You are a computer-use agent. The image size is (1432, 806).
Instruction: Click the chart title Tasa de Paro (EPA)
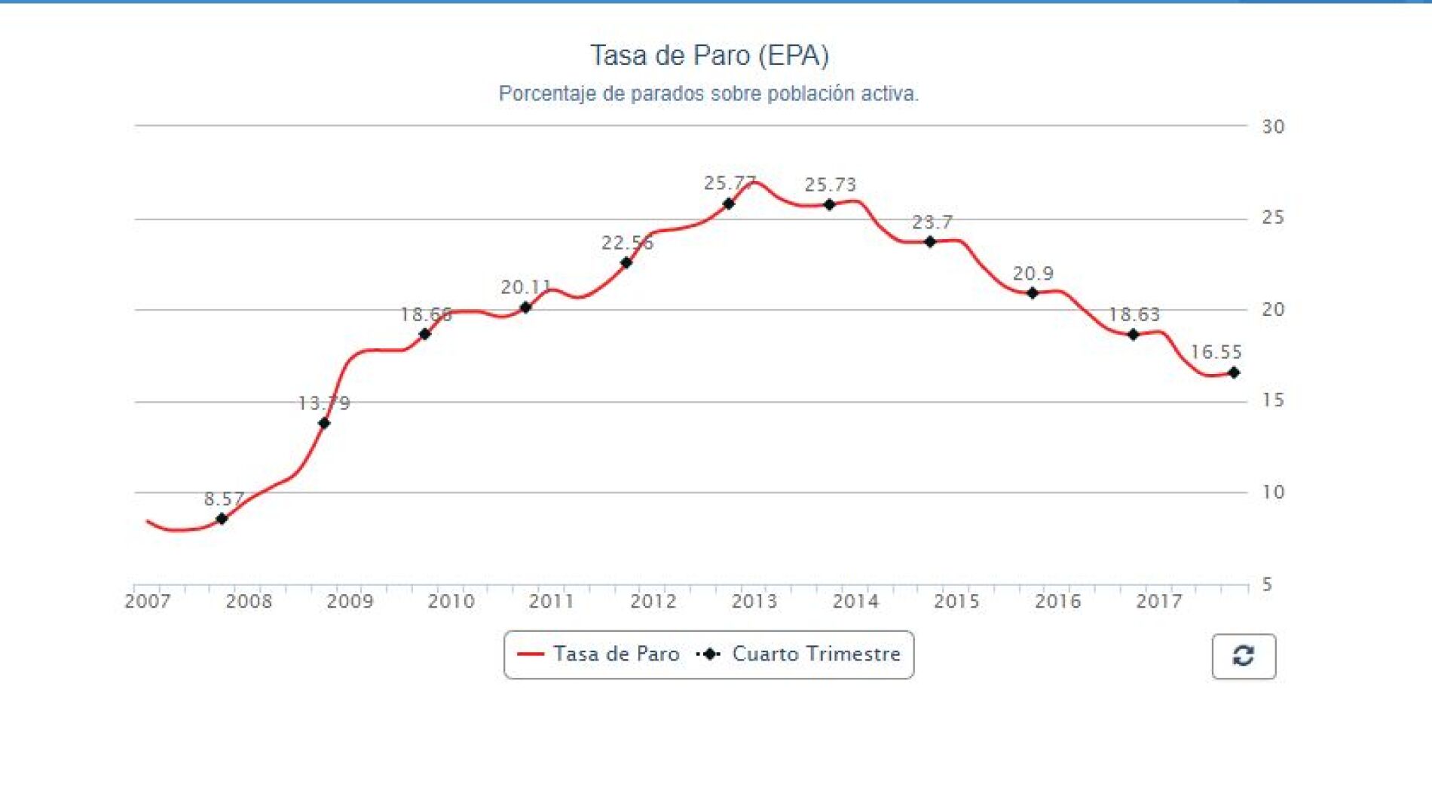(708, 55)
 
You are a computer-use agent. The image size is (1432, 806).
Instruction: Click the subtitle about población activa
(708, 93)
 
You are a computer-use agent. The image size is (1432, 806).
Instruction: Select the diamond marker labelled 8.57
(222, 519)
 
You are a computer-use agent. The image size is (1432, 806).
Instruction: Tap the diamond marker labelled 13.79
(324, 423)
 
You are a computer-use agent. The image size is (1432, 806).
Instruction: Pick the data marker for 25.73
(829, 204)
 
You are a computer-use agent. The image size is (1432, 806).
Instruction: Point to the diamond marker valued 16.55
(1234, 372)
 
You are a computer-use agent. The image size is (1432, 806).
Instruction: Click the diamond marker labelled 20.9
(1033, 293)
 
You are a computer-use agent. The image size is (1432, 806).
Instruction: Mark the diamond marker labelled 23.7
(930, 242)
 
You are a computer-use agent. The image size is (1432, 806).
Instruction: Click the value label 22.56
(627, 243)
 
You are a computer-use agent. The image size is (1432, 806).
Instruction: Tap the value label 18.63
(1134, 314)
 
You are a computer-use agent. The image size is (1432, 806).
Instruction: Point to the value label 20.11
(526, 287)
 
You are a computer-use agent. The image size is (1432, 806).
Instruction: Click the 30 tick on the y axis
(1273, 127)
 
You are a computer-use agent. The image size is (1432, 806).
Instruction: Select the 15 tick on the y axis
(1273, 400)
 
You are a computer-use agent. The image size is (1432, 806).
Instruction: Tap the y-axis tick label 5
(1267, 584)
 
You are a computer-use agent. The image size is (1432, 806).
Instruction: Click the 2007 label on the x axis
(148, 602)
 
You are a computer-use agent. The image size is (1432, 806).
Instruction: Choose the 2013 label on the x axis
(754, 602)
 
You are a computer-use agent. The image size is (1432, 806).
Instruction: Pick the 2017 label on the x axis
(1159, 602)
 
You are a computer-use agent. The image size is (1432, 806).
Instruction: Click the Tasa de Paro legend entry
(598, 654)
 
